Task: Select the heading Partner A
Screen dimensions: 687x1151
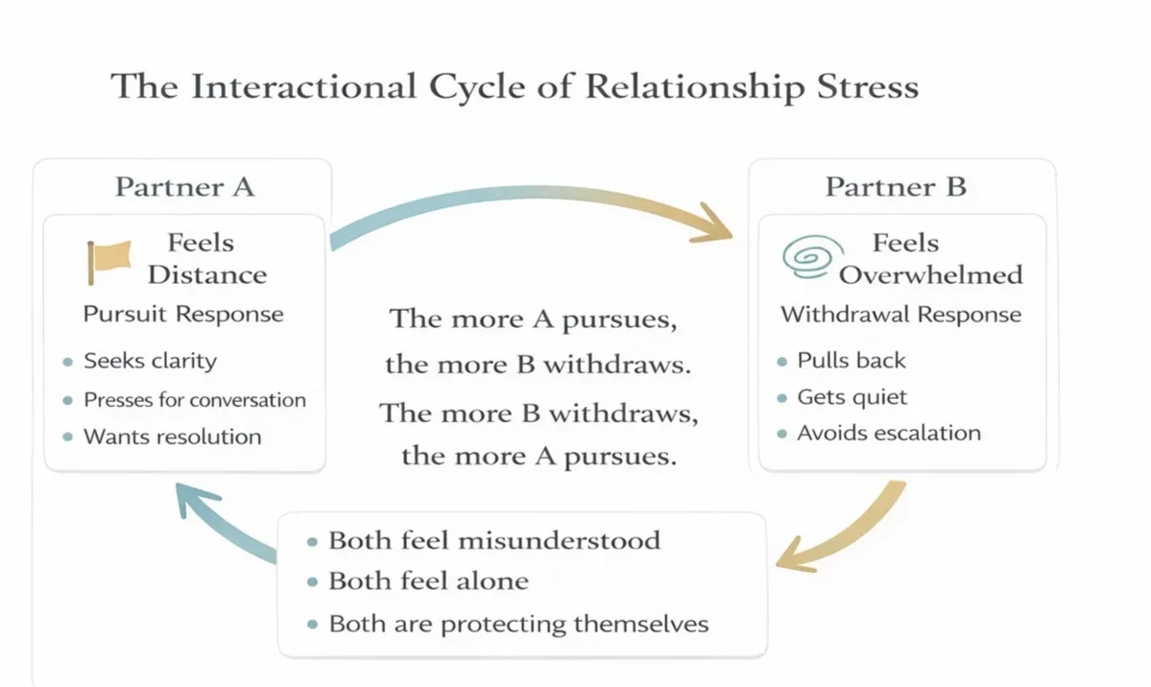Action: (x=184, y=186)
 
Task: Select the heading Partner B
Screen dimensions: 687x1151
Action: (x=896, y=186)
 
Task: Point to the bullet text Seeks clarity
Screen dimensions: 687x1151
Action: (x=150, y=362)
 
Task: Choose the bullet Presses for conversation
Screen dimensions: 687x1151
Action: (x=194, y=400)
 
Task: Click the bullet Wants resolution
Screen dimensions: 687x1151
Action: (x=172, y=437)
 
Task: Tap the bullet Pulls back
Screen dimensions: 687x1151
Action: (x=851, y=361)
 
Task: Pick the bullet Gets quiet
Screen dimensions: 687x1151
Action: (x=851, y=397)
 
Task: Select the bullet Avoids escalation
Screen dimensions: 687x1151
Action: (x=888, y=433)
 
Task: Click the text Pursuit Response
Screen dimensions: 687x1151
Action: (x=183, y=314)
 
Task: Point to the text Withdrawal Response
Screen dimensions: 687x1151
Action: (x=900, y=314)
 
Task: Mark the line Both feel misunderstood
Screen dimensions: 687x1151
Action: (x=493, y=540)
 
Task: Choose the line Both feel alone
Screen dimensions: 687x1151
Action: (x=428, y=581)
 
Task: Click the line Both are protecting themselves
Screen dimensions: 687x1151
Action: (x=518, y=624)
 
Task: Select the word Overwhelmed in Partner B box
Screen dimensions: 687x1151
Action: (x=931, y=274)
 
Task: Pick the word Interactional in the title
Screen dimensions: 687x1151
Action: (x=303, y=86)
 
